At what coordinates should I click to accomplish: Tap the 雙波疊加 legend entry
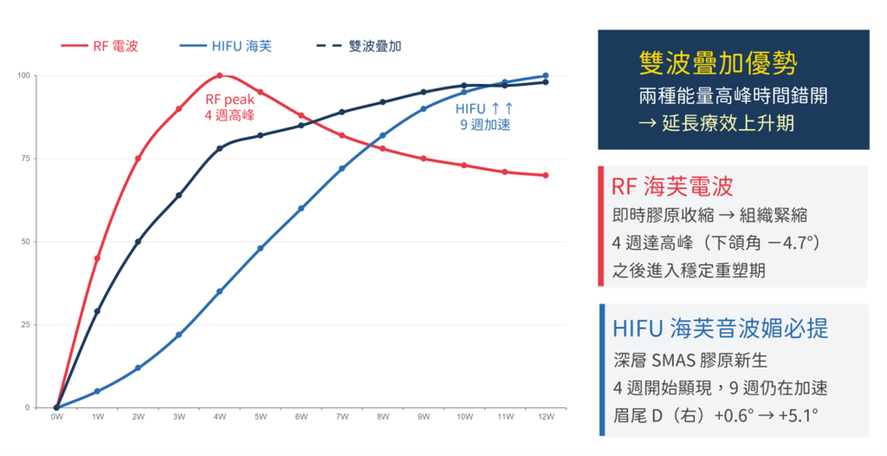click(x=355, y=46)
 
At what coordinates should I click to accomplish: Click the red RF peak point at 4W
click(x=219, y=75)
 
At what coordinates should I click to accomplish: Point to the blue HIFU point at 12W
click(x=545, y=75)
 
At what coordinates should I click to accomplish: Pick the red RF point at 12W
click(x=545, y=175)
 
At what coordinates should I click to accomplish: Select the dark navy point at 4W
click(x=219, y=148)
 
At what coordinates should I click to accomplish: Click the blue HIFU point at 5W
click(x=260, y=248)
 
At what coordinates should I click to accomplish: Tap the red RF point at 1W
click(x=97, y=258)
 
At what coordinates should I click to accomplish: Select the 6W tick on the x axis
click(x=301, y=417)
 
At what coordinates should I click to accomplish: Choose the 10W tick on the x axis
click(x=463, y=417)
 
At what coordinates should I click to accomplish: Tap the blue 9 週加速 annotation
click(x=485, y=125)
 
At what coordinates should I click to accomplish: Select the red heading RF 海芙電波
click(x=672, y=186)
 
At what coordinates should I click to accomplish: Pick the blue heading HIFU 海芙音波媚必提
click(x=719, y=328)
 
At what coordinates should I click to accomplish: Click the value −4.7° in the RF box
click(x=783, y=243)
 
